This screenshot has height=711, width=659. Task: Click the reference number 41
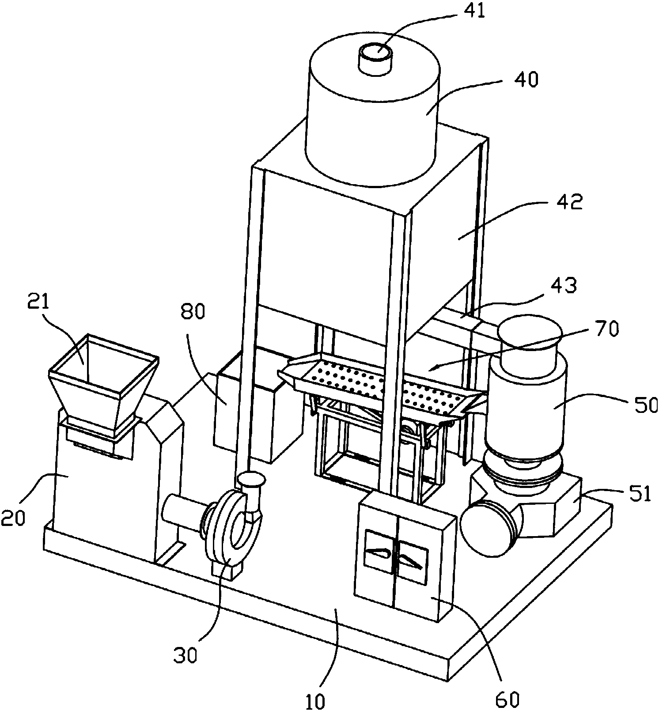tap(472, 11)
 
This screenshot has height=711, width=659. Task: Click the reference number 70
tap(606, 329)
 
